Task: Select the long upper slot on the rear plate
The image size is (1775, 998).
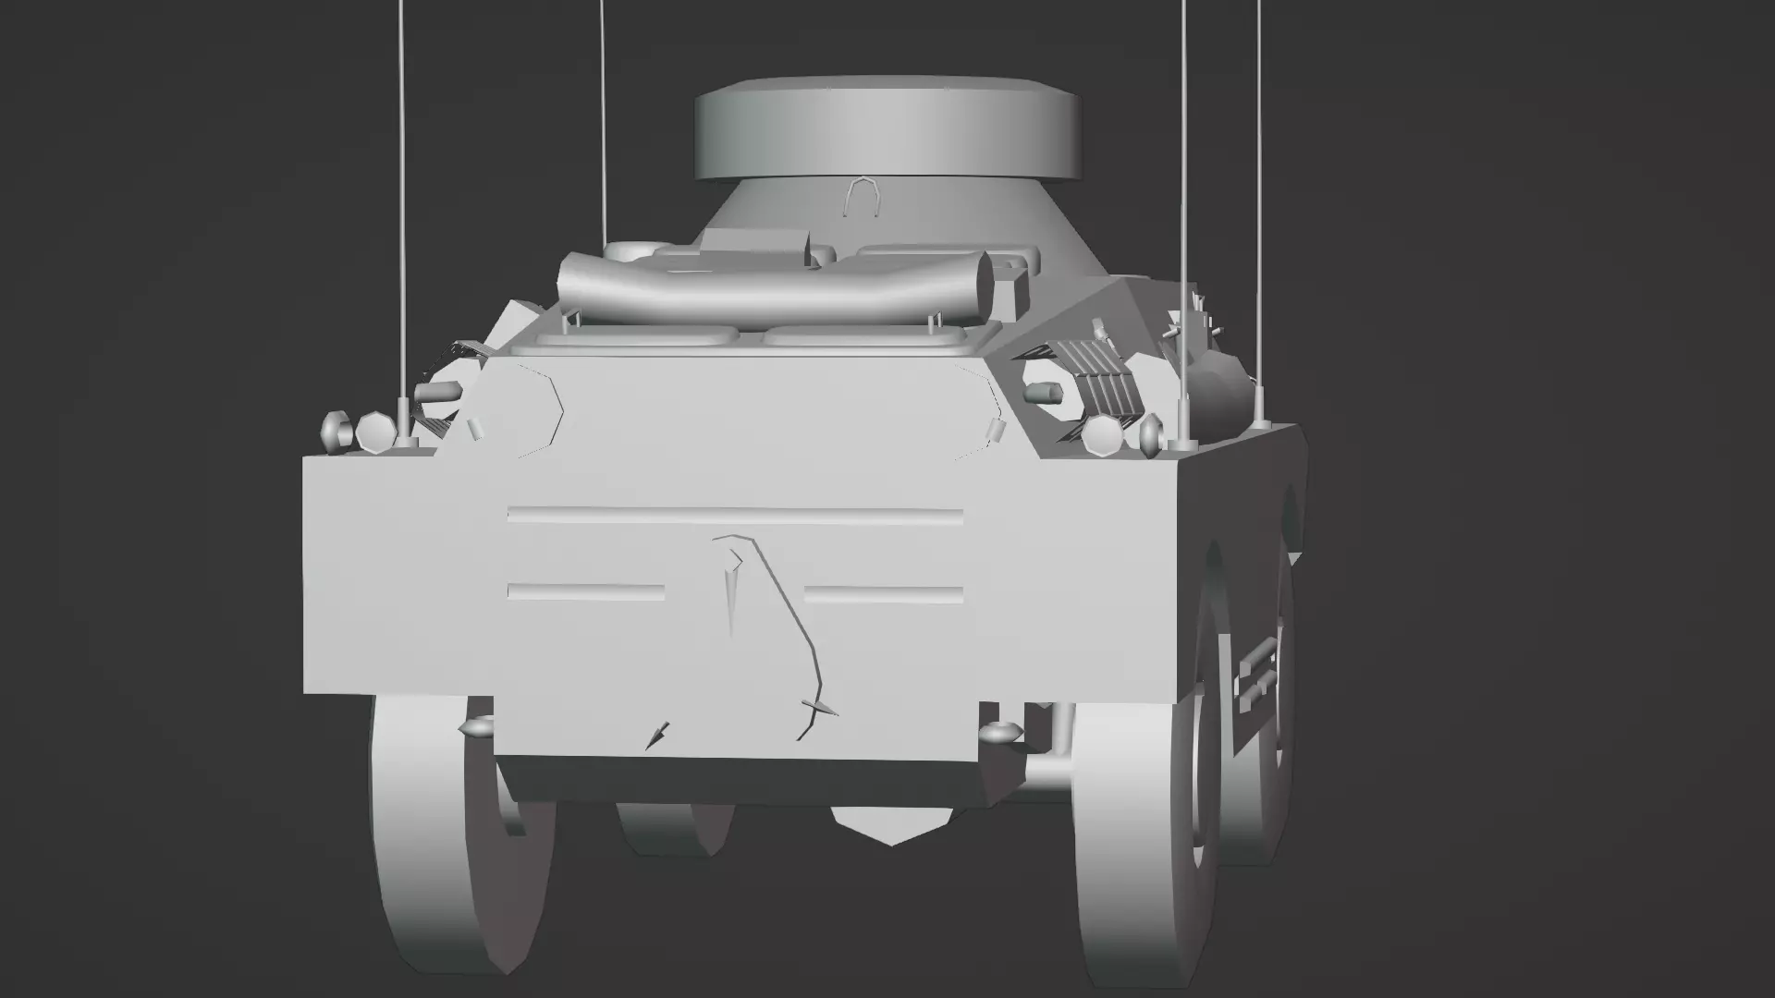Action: pyautogui.click(x=735, y=515)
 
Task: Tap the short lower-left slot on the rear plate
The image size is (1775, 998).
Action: pyautogui.click(x=586, y=591)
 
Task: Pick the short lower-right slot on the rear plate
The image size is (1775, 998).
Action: pyautogui.click(x=883, y=594)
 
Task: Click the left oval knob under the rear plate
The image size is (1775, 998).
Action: pyautogui.click(x=480, y=728)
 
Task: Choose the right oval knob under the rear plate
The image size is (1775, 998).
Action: pyautogui.click(x=999, y=733)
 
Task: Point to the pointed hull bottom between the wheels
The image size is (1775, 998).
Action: pyautogui.click(x=892, y=825)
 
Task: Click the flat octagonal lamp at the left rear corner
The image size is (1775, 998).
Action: pyautogui.click(x=374, y=432)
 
